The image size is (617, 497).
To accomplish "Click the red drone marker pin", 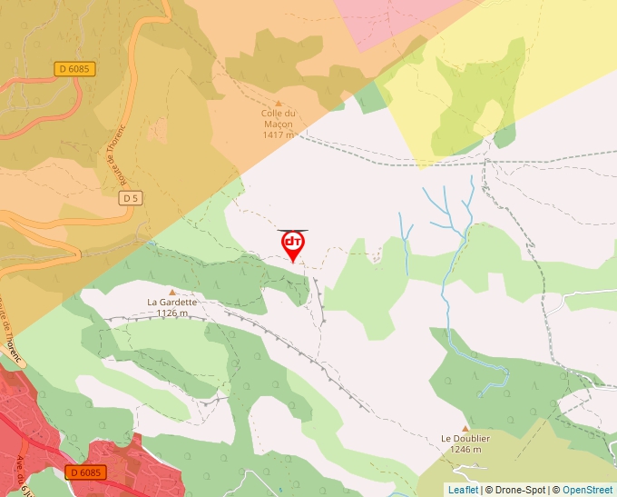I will [x=293, y=244].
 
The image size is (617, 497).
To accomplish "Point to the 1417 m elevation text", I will [x=279, y=134].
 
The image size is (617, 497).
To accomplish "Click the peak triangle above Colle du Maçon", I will [x=279, y=104].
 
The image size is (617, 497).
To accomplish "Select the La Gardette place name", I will [x=171, y=303].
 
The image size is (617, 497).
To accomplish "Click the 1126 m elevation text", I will [x=171, y=313].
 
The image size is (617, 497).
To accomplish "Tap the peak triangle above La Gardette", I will [x=171, y=292].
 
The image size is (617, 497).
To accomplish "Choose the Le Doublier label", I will [x=465, y=438].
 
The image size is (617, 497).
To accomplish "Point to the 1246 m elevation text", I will [x=465, y=449].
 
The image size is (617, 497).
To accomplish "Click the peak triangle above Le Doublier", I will [x=465, y=428].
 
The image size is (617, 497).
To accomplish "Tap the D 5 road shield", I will [x=132, y=198].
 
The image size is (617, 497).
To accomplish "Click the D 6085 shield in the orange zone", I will [x=75, y=68].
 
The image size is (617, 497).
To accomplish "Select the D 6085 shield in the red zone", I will [x=86, y=472].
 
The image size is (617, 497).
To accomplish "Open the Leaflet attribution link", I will [x=463, y=490].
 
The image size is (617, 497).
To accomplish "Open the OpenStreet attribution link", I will [x=587, y=490].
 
